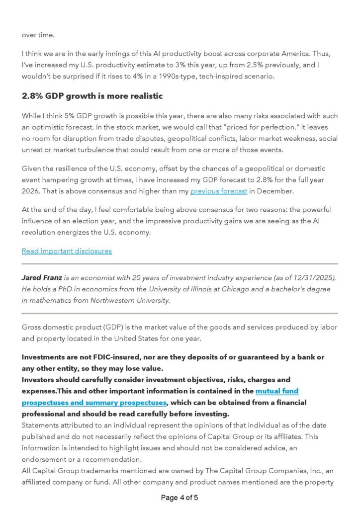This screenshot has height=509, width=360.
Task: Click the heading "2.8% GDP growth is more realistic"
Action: (x=92, y=95)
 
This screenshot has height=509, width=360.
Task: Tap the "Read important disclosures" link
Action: (x=67, y=251)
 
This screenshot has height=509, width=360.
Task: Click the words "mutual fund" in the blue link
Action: (x=277, y=391)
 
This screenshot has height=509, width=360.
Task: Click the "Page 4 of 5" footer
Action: (x=180, y=497)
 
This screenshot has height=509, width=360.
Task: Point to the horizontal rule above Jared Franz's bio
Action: (x=180, y=264)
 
